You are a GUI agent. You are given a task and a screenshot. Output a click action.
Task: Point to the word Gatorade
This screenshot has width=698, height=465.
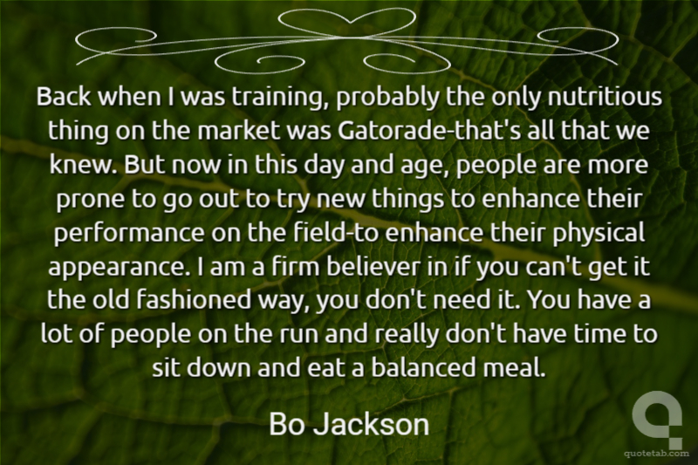[x=388, y=130]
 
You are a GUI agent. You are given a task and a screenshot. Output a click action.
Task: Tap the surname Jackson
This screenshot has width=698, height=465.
[x=372, y=424]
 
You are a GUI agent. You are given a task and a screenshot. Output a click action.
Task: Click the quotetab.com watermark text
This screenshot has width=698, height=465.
[x=656, y=454]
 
